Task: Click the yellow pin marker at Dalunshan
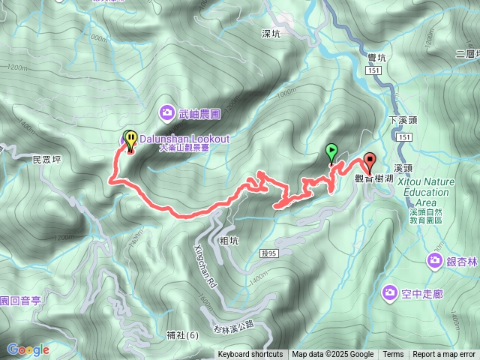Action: [x=130, y=140]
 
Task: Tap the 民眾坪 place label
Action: [x=46, y=160]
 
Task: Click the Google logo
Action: [x=28, y=349]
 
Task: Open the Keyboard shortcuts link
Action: [x=250, y=355]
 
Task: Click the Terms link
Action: [x=393, y=355]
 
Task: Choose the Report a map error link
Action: [x=444, y=355]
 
